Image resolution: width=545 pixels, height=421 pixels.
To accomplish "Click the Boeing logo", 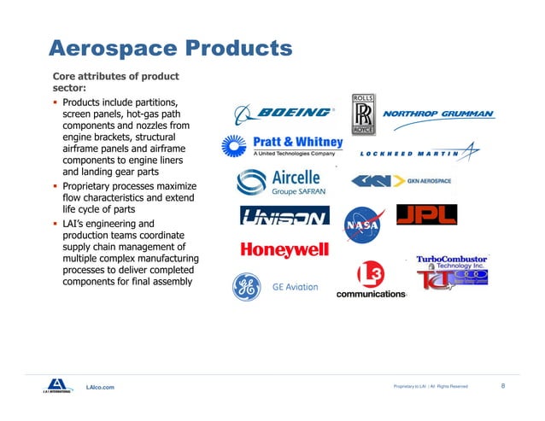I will coord(284,113).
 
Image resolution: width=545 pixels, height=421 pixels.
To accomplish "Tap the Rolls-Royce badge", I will coord(362,114).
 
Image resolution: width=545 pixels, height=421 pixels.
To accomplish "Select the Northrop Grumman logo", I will coord(438,114).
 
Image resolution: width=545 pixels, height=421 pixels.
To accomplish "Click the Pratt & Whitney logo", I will coord(283,146).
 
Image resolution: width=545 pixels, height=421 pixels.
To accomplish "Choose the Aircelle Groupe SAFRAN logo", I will coord(278,183).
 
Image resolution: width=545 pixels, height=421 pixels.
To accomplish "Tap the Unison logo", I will coord(284,218).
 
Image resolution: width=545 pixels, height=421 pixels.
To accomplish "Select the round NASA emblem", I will coord(360,225).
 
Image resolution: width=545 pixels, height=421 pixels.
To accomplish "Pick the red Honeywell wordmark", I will coord(284,250).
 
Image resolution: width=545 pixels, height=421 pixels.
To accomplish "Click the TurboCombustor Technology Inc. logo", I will coord(452,272).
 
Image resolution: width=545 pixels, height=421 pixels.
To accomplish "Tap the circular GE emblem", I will coord(248,287).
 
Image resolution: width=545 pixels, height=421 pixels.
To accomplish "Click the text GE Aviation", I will coord(295,288).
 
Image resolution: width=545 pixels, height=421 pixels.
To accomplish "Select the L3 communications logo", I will coord(370,281).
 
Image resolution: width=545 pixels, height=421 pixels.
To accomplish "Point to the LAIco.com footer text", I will coord(100,388).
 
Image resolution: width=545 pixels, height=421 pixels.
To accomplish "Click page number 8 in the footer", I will coord(502,386).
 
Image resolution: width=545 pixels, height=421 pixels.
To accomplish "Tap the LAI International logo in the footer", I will coord(56,386).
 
